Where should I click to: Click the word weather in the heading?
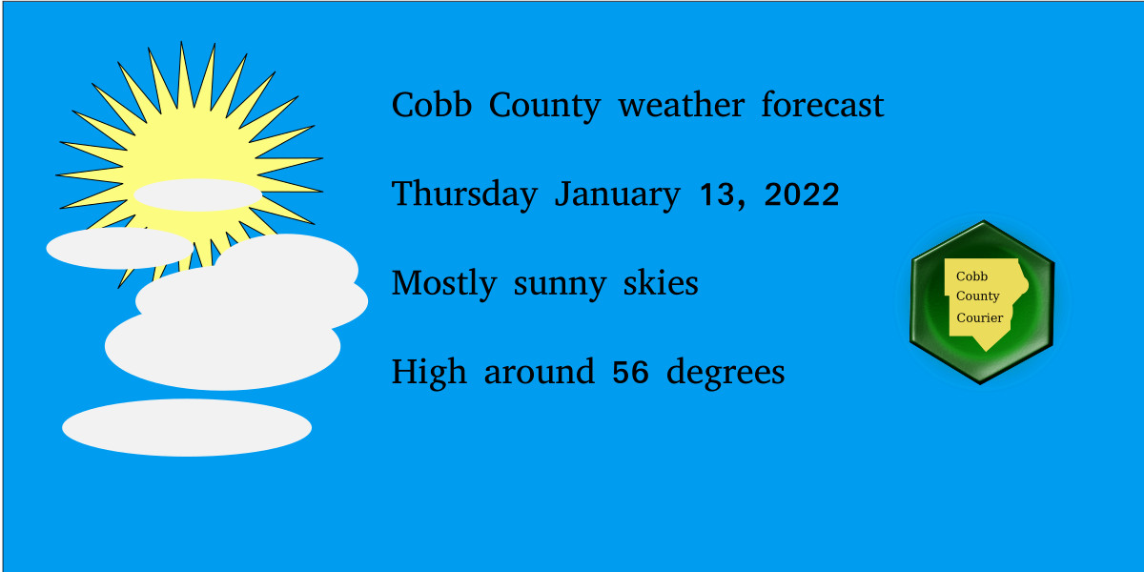point(682,105)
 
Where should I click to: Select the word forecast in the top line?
point(822,105)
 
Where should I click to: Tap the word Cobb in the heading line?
point(432,105)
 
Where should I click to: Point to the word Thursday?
point(464,194)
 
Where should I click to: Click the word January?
point(618,194)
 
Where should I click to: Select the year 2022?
point(802,194)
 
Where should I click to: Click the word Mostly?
point(444,283)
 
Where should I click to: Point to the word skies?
point(661,282)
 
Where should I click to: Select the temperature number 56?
point(630,372)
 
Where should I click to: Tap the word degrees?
point(725,373)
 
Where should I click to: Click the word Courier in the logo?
point(980,317)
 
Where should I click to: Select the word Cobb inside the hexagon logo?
point(971,276)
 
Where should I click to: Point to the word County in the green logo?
point(977,296)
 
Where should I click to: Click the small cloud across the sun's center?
point(197,195)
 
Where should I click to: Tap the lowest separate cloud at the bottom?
point(187,427)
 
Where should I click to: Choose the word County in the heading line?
point(544,106)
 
